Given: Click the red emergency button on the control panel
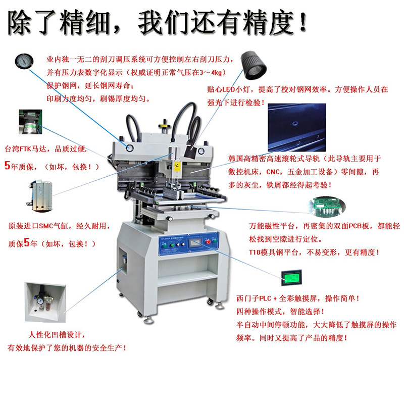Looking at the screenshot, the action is tap(208, 241).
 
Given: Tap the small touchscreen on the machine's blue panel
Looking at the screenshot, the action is tap(195, 242).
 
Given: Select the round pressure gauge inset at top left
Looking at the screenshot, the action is tap(24, 61).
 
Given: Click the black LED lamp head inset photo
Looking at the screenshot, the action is tap(253, 66).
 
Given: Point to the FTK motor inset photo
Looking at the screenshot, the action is tap(30, 122).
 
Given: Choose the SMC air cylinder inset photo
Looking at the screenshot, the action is tap(40, 196).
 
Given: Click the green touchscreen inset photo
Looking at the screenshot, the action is tap(291, 277).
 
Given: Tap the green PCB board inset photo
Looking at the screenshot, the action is tap(327, 207).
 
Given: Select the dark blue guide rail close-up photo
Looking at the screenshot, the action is tap(297, 128).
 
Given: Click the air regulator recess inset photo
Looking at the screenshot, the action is tap(45, 302).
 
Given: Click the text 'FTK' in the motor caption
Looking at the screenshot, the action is tap(25, 148).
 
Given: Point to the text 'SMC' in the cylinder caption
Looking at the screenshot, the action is tap(46, 226).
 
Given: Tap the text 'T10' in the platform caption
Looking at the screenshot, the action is tap(255, 252).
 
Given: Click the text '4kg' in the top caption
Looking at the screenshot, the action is tap(216, 72).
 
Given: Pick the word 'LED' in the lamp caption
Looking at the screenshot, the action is tap(229, 89).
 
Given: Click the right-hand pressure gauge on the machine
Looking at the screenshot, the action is tap(201, 151).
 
